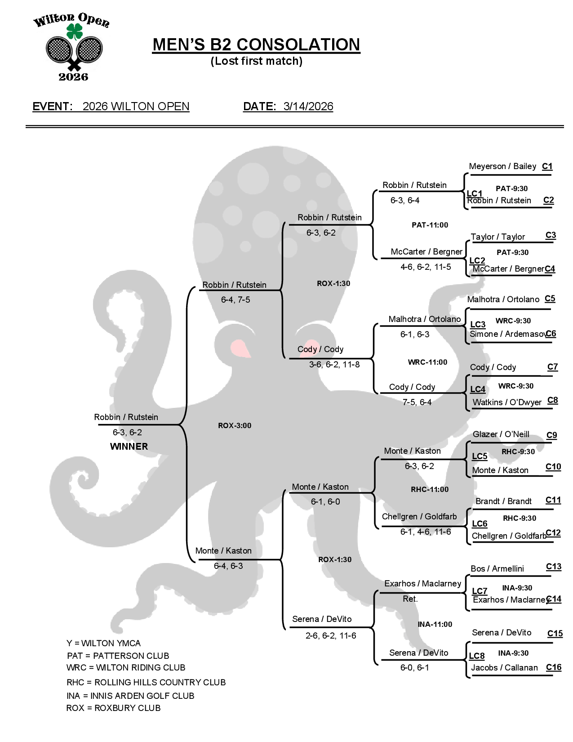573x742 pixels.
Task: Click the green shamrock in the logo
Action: pyautogui.click(x=74, y=32)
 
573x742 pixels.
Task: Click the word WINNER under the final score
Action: pyautogui.click(x=129, y=447)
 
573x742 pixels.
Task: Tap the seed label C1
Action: pyautogui.click(x=547, y=166)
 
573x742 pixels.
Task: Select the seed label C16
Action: pyautogui.click(x=554, y=667)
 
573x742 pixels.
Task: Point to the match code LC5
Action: pyautogui.click(x=480, y=456)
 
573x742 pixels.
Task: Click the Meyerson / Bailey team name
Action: pyautogui.click(x=502, y=166)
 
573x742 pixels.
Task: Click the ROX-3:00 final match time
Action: pyautogui.click(x=235, y=425)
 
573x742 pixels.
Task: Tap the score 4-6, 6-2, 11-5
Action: pyautogui.click(x=426, y=267)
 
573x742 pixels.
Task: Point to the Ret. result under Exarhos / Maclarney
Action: pyautogui.click(x=410, y=599)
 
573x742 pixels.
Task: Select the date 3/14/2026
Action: pyautogui.click(x=308, y=107)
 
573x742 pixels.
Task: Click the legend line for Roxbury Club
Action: pyautogui.click(x=113, y=708)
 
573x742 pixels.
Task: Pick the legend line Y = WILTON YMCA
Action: pyautogui.click(x=104, y=644)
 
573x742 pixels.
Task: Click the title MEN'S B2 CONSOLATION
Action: pyautogui.click(x=256, y=45)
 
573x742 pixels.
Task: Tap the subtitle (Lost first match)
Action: pyautogui.click(x=257, y=61)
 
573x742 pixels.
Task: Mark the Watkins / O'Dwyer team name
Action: pyautogui.click(x=507, y=402)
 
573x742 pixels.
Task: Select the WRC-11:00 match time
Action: pyautogui.click(x=427, y=362)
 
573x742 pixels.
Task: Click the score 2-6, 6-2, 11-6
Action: pyautogui.click(x=331, y=636)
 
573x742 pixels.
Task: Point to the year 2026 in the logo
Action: pyautogui.click(x=73, y=77)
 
